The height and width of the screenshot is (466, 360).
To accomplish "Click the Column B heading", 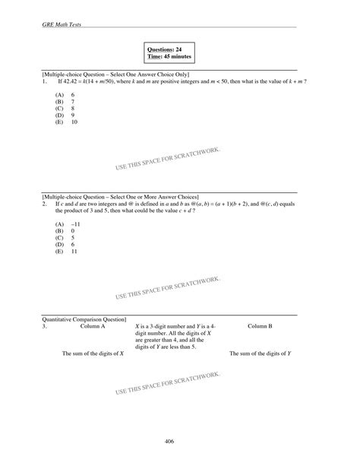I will [x=260, y=325].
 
